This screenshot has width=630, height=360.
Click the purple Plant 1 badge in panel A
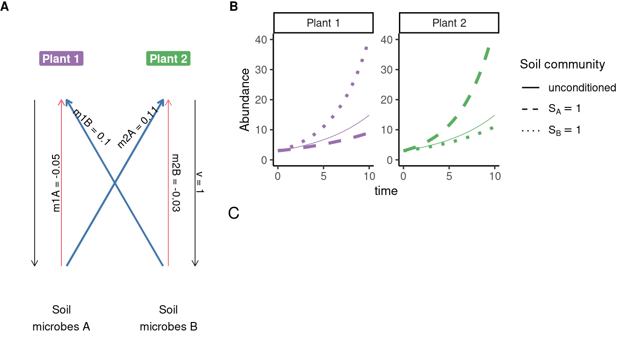(61, 59)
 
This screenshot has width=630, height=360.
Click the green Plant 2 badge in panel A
(168, 59)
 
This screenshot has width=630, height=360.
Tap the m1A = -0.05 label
(57, 183)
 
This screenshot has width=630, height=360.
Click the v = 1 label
(201, 183)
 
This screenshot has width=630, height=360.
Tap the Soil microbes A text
(61, 318)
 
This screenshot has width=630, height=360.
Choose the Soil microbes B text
(168, 318)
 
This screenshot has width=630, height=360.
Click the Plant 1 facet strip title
(323, 23)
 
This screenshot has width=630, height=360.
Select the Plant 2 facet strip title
(449, 23)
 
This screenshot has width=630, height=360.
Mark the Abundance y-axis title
(245, 100)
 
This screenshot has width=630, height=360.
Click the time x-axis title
(386, 191)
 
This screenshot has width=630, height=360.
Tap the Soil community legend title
(562, 64)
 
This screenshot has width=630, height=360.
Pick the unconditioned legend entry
(582, 88)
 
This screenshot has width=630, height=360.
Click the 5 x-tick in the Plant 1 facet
(323, 176)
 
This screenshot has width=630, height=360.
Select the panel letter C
(234, 214)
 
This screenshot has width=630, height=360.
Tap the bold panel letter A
(4, 7)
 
